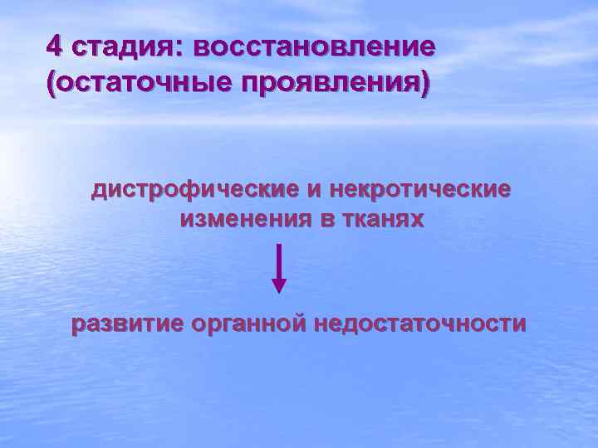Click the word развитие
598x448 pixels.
126,324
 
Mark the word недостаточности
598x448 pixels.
419,324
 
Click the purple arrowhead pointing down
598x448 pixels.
279,285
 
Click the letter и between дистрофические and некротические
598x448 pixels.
313,191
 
